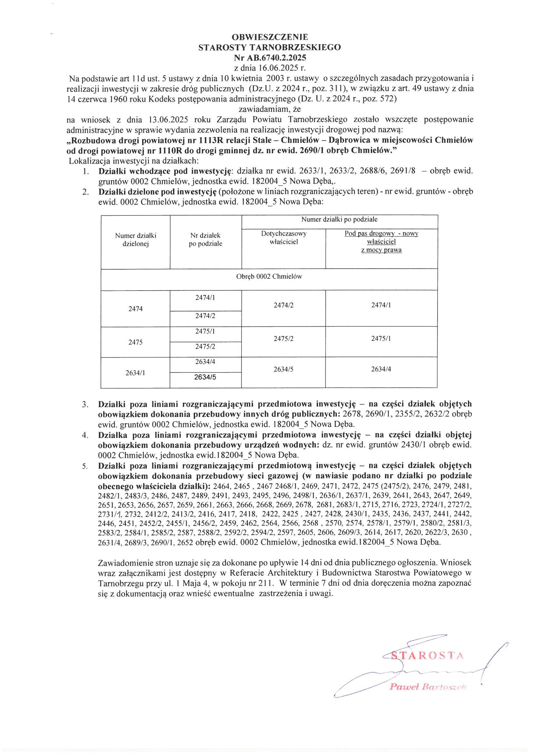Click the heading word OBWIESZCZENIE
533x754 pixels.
pos(269,36)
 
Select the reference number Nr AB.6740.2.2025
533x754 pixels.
pos(270,58)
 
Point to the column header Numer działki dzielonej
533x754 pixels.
pos(135,239)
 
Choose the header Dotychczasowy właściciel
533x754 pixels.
pos(283,237)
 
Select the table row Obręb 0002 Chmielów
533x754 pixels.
pos(269,276)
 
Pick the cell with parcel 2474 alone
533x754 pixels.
pos(135,309)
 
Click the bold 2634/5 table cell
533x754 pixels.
pos(205,377)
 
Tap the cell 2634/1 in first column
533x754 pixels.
pos(135,373)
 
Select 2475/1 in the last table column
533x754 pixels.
pos(381,339)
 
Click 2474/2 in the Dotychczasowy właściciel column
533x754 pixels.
pos(283,305)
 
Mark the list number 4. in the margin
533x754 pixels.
pos(85,435)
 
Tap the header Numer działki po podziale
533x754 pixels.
pos(339,219)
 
